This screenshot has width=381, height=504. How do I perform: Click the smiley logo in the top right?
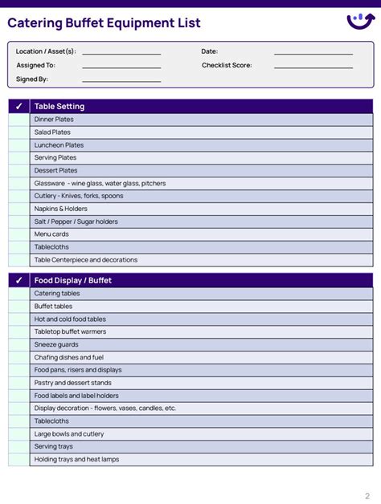(x=359, y=21)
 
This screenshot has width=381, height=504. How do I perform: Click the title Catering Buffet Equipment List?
(x=104, y=23)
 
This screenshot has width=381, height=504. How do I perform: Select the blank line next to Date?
(x=313, y=52)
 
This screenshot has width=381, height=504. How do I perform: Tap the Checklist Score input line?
(x=313, y=66)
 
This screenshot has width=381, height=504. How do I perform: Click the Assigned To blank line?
(x=121, y=66)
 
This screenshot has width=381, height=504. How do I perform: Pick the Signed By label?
(x=32, y=79)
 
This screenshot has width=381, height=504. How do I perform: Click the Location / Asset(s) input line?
(x=121, y=52)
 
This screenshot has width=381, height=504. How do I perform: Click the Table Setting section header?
(x=59, y=106)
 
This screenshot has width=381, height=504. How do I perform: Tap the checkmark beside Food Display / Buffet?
(x=19, y=281)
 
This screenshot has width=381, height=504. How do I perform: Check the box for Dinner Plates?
(x=19, y=120)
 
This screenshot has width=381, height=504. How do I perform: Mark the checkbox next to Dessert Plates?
(x=19, y=170)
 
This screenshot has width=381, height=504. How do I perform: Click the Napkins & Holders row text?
(x=61, y=209)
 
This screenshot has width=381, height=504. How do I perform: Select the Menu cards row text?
(x=51, y=234)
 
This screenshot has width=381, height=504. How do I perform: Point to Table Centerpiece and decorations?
(x=86, y=260)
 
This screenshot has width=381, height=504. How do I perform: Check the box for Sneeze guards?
(x=19, y=344)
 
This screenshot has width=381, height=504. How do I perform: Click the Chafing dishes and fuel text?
(x=69, y=357)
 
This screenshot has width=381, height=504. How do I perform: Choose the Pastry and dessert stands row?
(x=73, y=383)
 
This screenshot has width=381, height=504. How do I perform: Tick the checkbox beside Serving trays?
(x=19, y=446)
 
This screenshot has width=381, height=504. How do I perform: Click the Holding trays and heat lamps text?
(x=76, y=459)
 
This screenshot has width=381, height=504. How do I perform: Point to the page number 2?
(x=367, y=495)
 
